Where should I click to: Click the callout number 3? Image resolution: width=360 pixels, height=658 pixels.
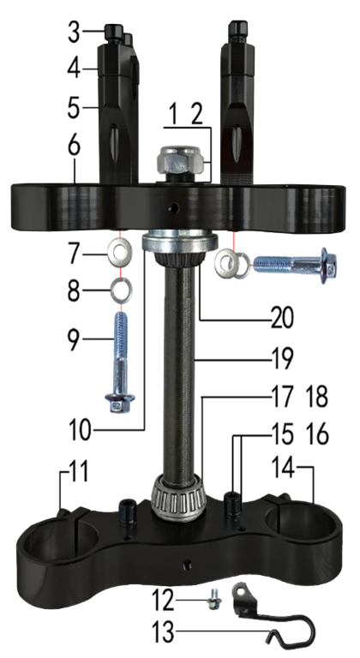(x=74, y=33)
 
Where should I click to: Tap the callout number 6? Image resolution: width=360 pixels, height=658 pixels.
(x=74, y=146)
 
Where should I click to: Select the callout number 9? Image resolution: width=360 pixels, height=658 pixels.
(x=74, y=339)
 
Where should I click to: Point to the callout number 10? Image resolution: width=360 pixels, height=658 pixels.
(x=79, y=429)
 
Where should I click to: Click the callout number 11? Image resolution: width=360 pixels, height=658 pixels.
(x=78, y=471)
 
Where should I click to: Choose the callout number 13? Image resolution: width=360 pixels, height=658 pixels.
(x=162, y=631)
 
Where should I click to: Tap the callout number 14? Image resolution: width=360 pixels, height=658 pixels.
(x=283, y=468)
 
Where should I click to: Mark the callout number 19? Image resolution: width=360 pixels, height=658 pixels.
(x=281, y=359)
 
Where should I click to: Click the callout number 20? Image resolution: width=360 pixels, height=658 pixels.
(x=282, y=319)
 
